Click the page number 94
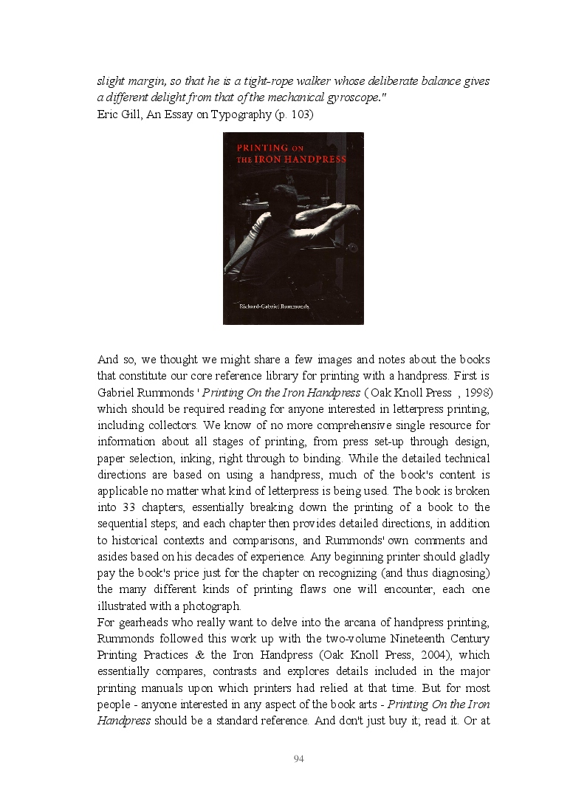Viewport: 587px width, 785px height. pyautogui.click(x=299, y=759)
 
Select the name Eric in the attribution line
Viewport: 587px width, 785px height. pyautogui.click(x=108, y=114)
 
